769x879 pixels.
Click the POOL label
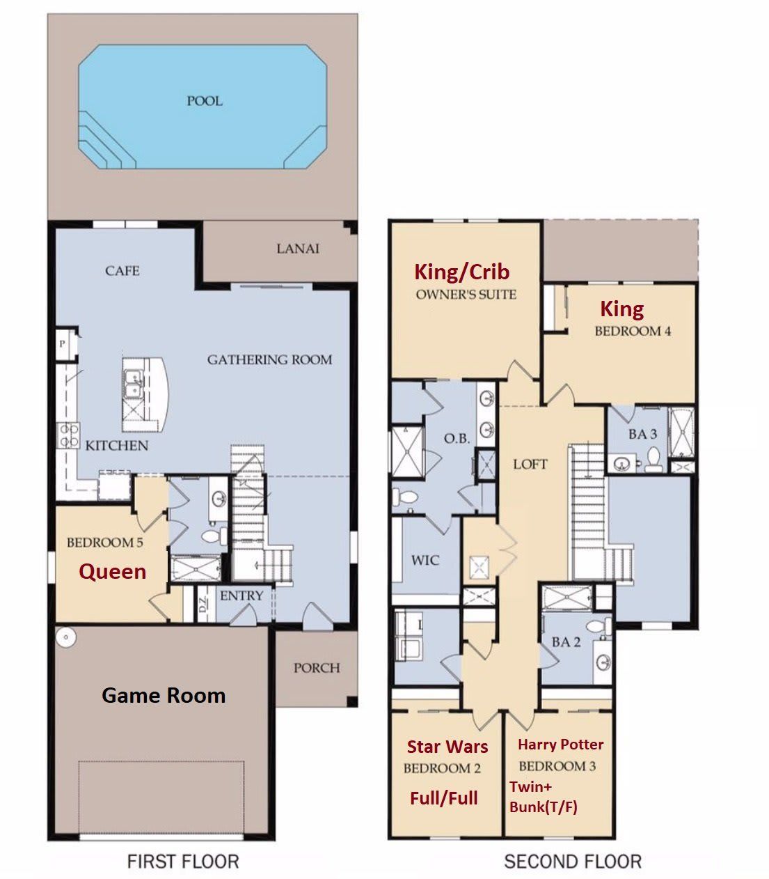(204, 101)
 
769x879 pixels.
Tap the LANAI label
(298, 248)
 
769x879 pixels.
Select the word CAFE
(122, 270)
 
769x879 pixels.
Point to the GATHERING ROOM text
(269, 359)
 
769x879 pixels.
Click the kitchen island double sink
(132, 384)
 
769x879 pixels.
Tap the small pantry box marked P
(63, 344)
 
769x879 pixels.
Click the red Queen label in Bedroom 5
(112, 572)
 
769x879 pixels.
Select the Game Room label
(164, 695)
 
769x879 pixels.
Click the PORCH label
(316, 667)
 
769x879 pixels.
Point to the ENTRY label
(241, 596)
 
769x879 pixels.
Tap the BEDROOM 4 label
(633, 331)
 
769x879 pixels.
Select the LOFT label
(530, 464)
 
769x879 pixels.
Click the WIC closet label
(425, 559)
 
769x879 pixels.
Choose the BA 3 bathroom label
(642, 434)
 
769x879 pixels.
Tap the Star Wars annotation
(447, 747)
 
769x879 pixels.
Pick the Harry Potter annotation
(560, 745)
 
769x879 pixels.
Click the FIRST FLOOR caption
(182, 862)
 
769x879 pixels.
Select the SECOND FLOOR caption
(572, 862)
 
